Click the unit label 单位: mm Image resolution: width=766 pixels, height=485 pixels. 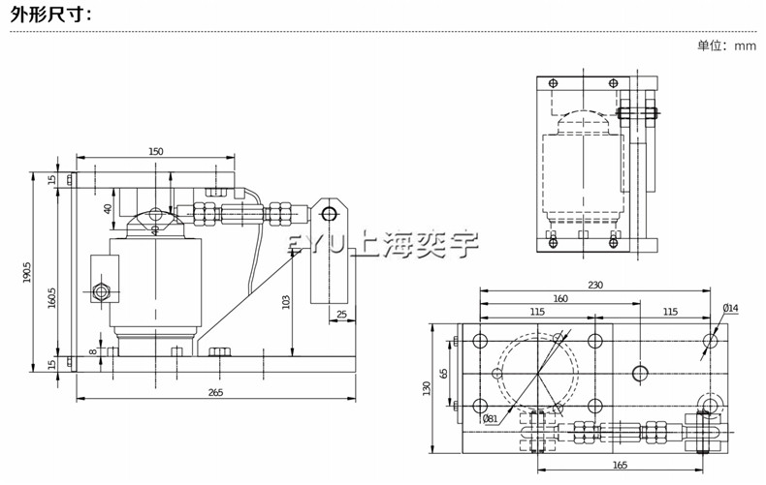(x=725, y=45)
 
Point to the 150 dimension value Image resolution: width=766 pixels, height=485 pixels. (x=155, y=151)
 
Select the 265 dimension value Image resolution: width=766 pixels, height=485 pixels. (x=215, y=391)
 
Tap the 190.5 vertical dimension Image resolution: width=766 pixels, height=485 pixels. (x=28, y=275)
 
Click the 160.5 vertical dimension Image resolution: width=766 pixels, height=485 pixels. (x=52, y=294)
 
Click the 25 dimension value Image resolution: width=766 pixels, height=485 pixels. (x=341, y=315)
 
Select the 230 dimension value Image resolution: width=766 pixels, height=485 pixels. (x=594, y=286)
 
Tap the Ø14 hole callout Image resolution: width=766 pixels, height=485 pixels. (x=730, y=309)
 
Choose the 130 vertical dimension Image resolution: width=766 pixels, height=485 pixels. (x=427, y=387)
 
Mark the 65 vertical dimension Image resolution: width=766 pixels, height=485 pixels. (x=443, y=373)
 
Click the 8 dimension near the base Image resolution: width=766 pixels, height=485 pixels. (x=94, y=352)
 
